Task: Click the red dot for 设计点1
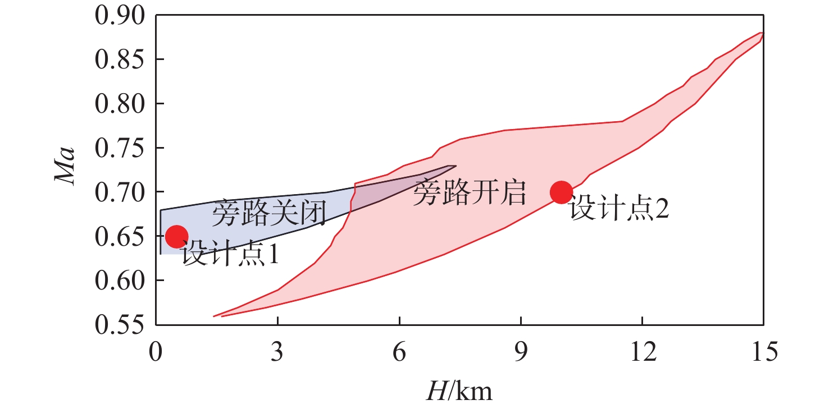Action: pyautogui.click(x=176, y=237)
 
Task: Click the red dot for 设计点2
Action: pyautogui.click(x=561, y=192)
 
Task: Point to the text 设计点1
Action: pyautogui.click(x=231, y=255)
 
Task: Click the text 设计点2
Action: pyautogui.click(x=619, y=210)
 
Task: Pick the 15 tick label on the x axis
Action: pyautogui.click(x=762, y=353)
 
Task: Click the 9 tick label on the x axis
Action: pyautogui.click(x=521, y=353)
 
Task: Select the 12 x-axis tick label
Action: pyautogui.click(x=641, y=353)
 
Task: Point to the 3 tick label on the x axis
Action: pyautogui.click(x=277, y=353)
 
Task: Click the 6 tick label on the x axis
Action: pyautogui.click(x=399, y=353)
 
